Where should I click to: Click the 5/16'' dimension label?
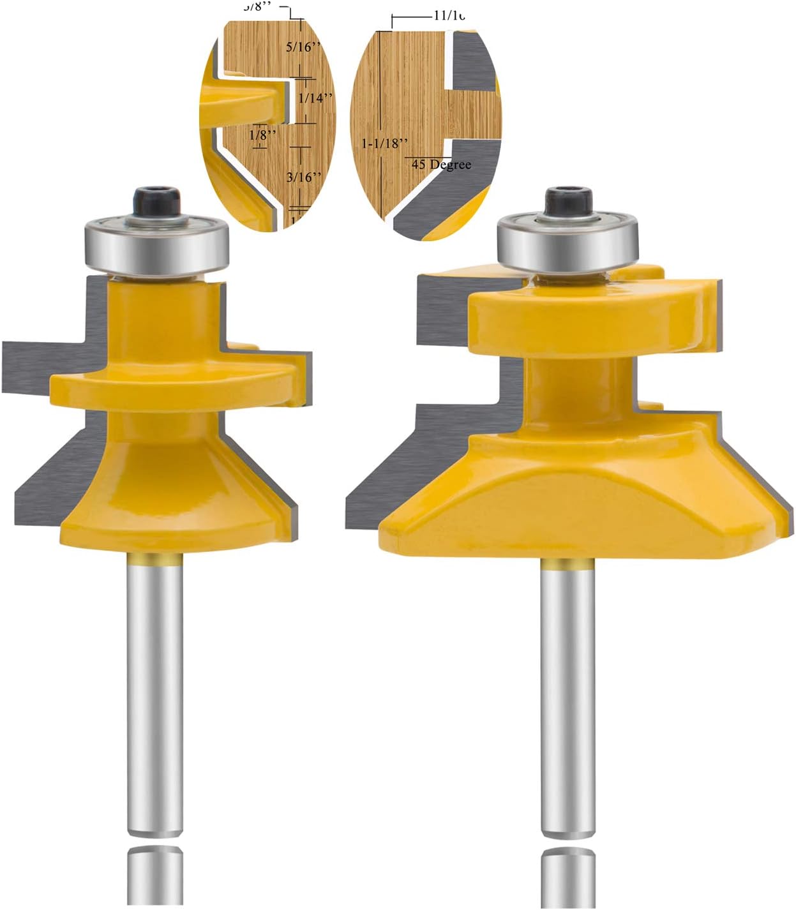[303, 47]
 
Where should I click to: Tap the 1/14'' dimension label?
[316, 98]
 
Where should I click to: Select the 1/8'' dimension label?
[262, 135]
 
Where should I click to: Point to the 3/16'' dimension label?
[303, 177]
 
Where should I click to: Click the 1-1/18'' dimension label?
[384, 144]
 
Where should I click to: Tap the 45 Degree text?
[441, 165]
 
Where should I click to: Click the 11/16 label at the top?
[448, 15]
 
